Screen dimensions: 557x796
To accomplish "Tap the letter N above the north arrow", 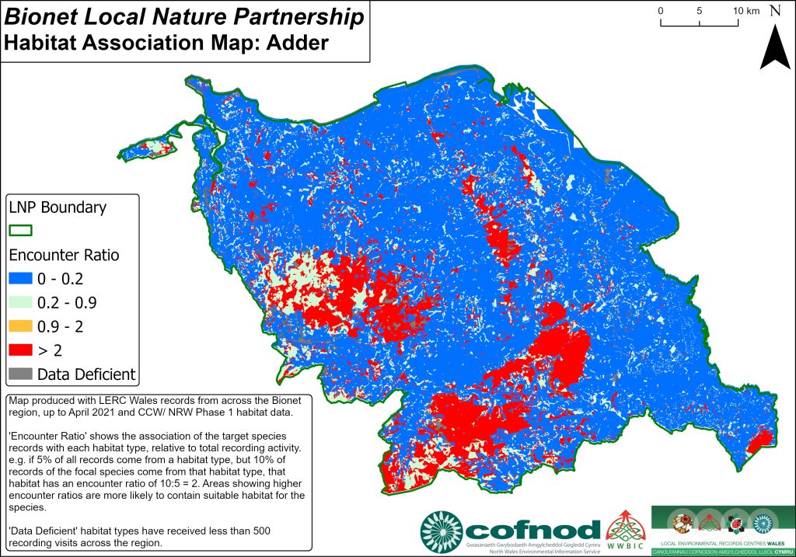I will pyautogui.click(x=775, y=11).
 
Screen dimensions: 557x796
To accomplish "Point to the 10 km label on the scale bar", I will pyautogui.click(x=745, y=11).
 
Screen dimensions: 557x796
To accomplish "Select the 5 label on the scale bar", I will pyautogui.click(x=700, y=11).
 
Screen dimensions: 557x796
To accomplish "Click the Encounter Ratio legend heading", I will pyautogui.click(x=63, y=255).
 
